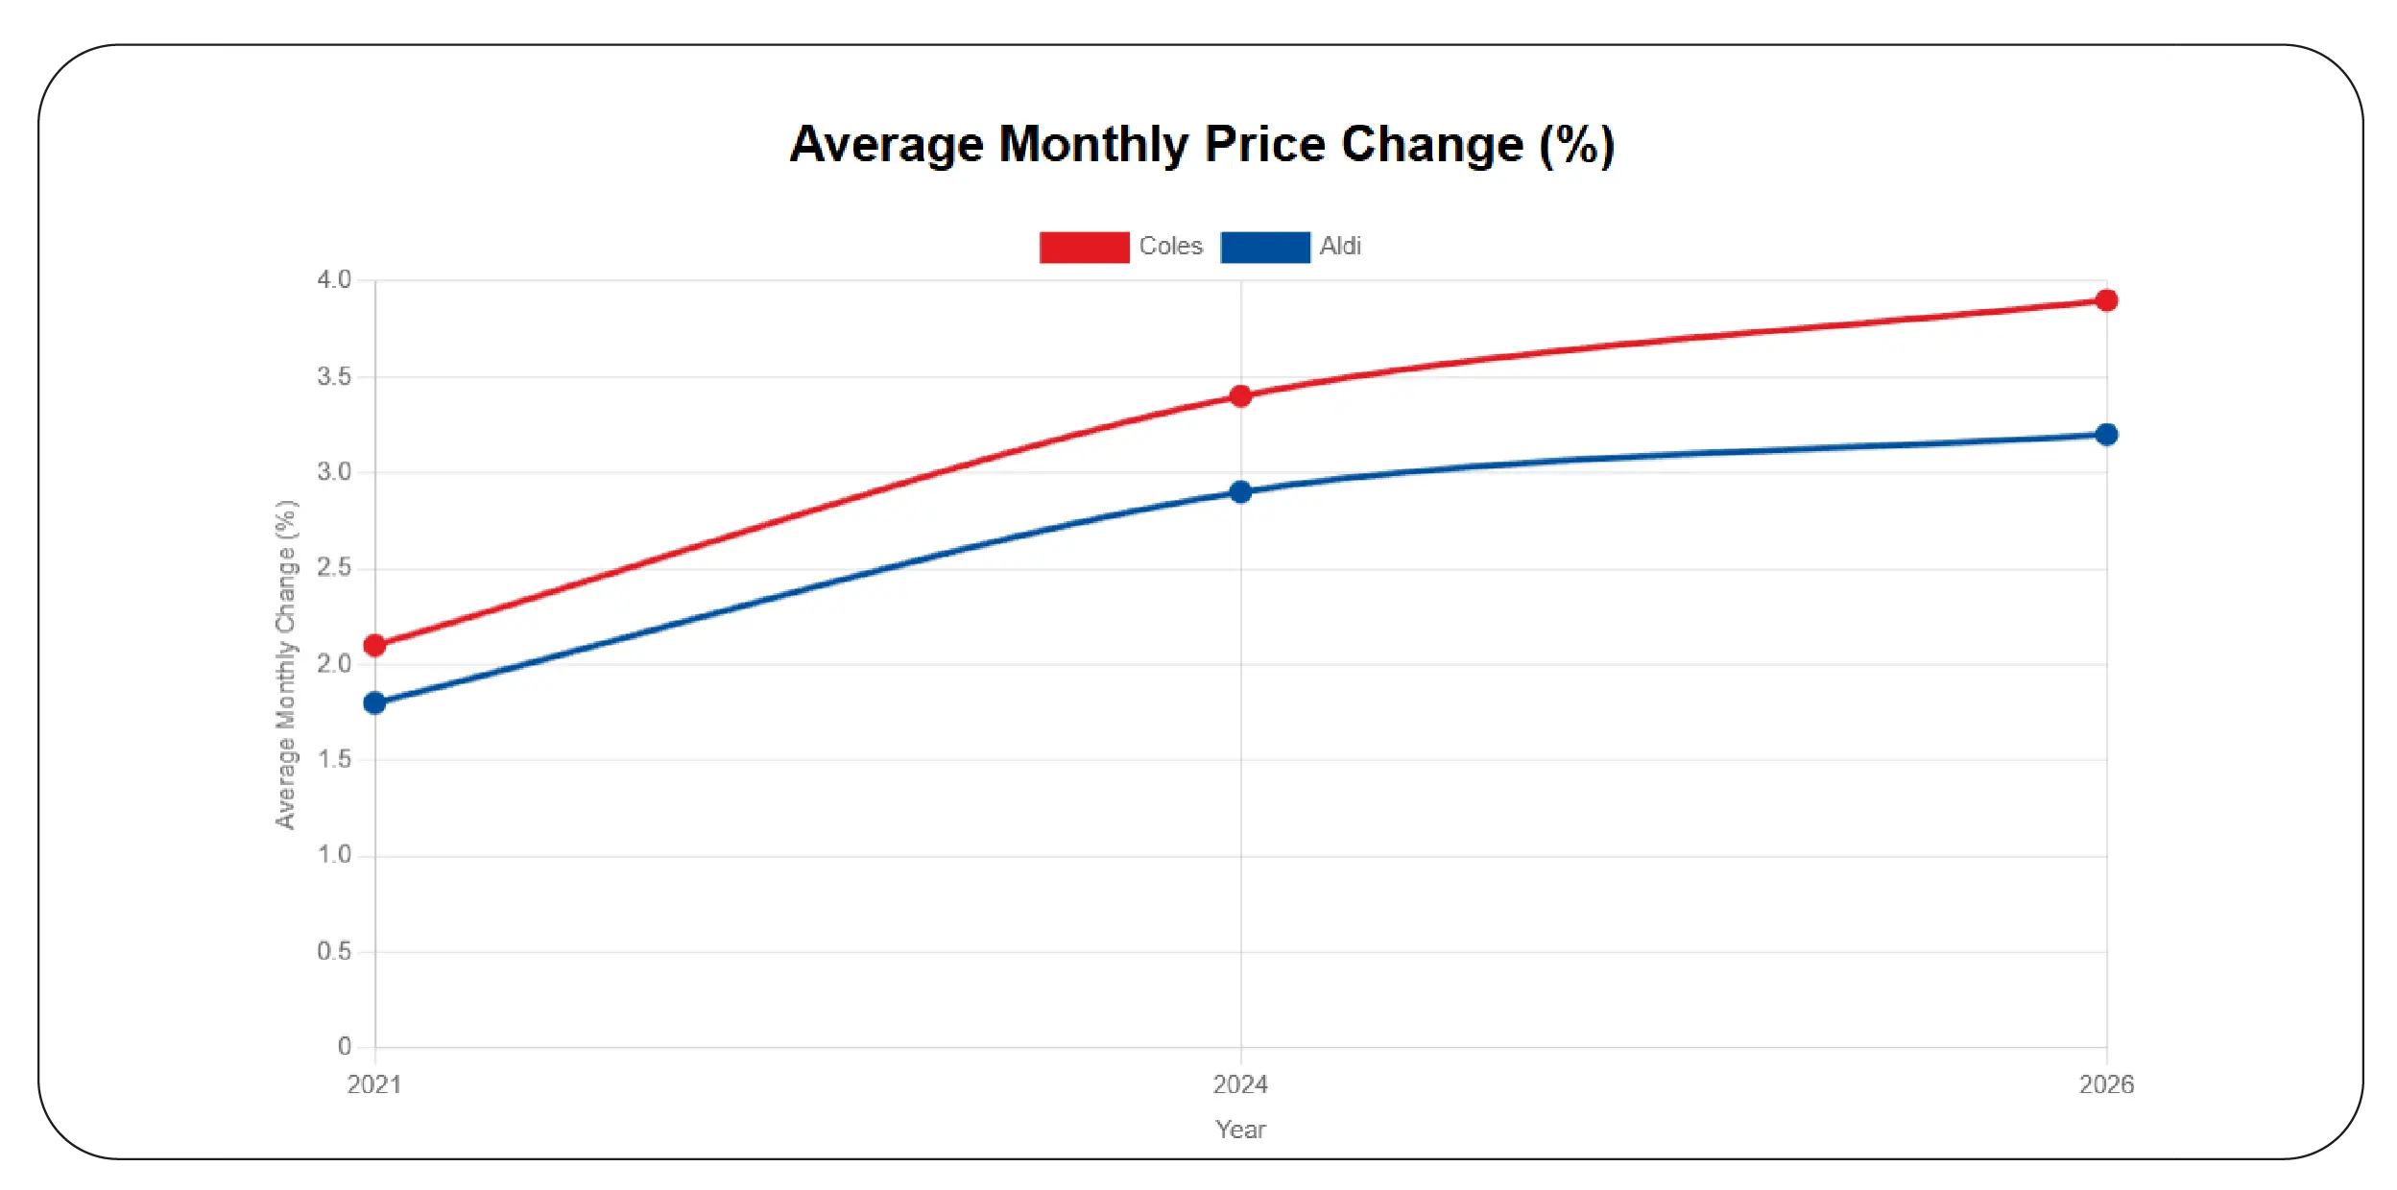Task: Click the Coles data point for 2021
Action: click(374, 645)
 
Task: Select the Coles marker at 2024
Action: click(1240, 395)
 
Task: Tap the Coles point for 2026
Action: click(2106, 300)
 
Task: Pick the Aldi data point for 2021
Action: click(374, 702)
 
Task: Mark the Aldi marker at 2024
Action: click(1240, 491)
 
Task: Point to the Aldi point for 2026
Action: click(2106, 435)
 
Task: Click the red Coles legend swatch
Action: click(1084, 247)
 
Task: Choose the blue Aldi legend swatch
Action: click(1264, 247)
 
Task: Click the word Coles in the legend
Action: click(1170, 247)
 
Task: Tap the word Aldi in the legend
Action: click(1339, 247)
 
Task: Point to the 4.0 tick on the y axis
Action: click(334, 280)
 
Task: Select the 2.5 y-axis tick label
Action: click(334, 568)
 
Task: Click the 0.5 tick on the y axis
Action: click(334, 951)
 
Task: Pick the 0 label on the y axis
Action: click(344, 1046)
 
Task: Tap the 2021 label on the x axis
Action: click(374, 1084)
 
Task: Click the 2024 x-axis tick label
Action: click(1240, 1084)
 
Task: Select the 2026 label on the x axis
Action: click(2106, 1084)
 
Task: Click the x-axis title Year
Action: click(1240, 1130)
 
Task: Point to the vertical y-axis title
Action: click(286, 664)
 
